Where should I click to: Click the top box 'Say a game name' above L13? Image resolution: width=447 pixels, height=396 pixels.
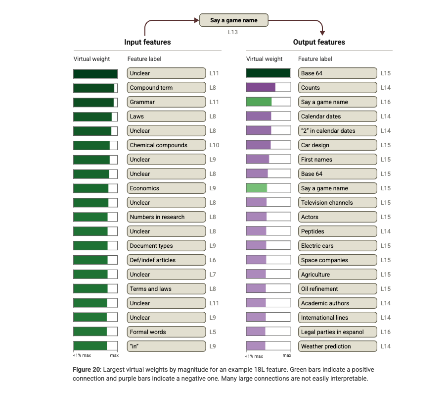pos(234,20)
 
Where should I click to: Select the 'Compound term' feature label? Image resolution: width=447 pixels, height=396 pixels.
pos(166,88)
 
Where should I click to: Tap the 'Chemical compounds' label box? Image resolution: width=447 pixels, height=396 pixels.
pos(166,145)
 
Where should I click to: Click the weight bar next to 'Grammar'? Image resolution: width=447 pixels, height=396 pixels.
pos(95,102)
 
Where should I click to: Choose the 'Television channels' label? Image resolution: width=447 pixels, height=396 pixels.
pos(337,203)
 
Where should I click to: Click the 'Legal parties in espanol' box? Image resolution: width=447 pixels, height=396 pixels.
pos(337,332)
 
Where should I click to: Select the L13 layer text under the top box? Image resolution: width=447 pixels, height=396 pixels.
pos(233,32)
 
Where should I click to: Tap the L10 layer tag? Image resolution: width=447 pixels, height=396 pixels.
pos(214,145)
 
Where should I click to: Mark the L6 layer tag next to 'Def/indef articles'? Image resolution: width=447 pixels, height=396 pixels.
pos(213,260)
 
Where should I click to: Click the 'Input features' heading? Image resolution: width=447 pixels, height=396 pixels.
pos(147,42)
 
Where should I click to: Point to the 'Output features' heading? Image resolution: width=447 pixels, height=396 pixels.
pos(319,42)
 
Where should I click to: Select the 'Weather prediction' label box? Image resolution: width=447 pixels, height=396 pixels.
pos(337,346)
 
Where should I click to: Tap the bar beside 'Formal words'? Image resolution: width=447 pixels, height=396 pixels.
pos(95,332)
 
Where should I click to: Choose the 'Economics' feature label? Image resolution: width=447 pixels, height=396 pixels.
pos(166,188)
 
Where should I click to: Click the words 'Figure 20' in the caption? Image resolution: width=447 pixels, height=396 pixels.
pos(87,370)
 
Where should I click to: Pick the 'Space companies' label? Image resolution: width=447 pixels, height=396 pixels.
pos(337,260)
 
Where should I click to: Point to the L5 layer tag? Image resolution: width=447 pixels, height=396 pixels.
pos(213,332)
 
